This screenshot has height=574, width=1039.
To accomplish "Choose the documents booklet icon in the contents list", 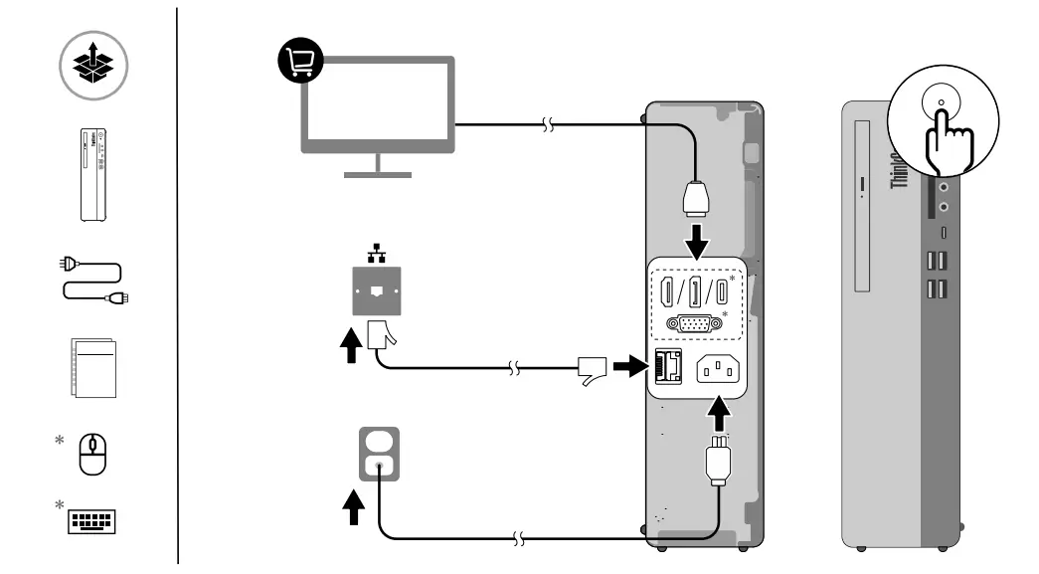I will click(94, 369).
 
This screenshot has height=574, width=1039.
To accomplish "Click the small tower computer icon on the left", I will click(92, 172).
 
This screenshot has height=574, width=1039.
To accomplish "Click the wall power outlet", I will click(377, 453).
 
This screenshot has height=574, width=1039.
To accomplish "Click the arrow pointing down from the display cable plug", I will click(700, 238).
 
